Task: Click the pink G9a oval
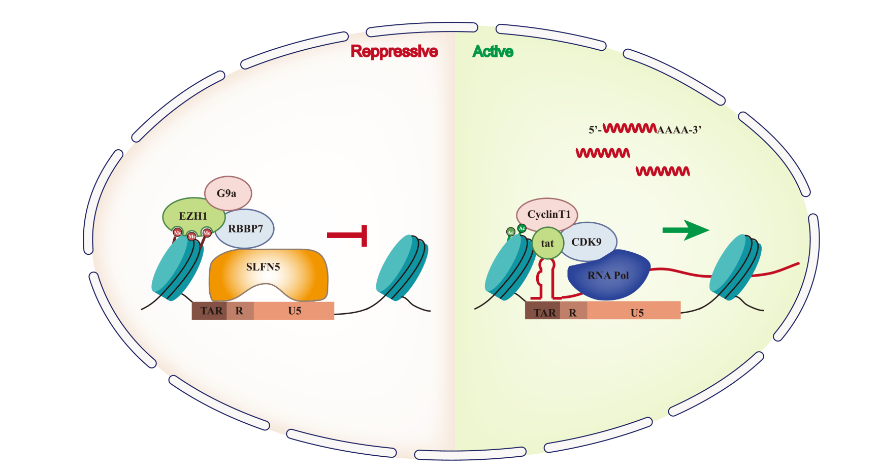click(227, 193)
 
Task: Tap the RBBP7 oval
click(246, 229)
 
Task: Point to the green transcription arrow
click(685, 230)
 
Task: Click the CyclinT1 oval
click(548, 214)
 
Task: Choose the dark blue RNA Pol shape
click(608, 276)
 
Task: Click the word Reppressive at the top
click(394, 51)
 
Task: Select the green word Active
click(493, 51)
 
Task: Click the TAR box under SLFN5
click(210, 311)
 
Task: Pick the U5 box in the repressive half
click(295, 311)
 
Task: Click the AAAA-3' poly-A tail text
click(679, 130)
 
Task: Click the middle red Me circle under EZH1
click(192, 236)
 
